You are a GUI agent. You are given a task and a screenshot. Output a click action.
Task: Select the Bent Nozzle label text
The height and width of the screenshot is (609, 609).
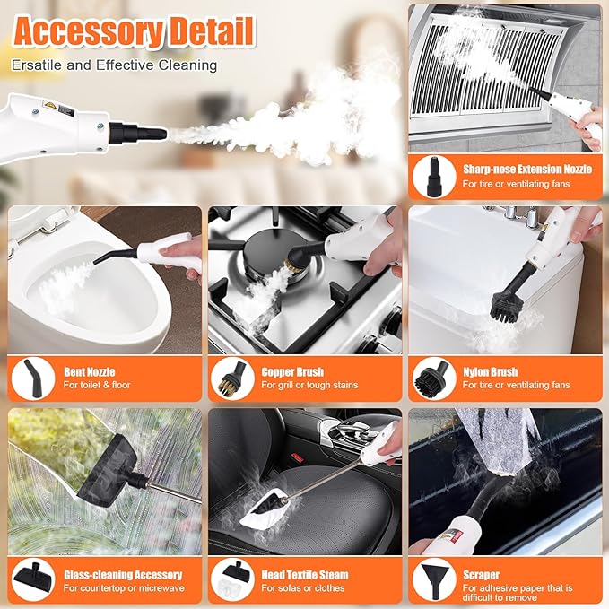[x=90, y=371]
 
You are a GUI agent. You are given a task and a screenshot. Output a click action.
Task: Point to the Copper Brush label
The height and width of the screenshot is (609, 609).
[x=292, y=371]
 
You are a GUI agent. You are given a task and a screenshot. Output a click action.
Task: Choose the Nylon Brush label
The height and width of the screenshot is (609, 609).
[x=490, y=371]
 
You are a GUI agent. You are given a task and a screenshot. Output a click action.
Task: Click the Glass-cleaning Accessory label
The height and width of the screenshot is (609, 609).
[x=122, y=574]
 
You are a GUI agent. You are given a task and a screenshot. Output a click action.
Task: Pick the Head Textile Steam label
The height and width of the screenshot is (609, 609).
[x=305, y=574]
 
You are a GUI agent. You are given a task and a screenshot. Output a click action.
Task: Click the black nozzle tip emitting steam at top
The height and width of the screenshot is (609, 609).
[x=144, y=132]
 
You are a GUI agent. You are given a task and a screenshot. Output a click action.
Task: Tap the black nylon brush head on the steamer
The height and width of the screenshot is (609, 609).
[x=510, y=306]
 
